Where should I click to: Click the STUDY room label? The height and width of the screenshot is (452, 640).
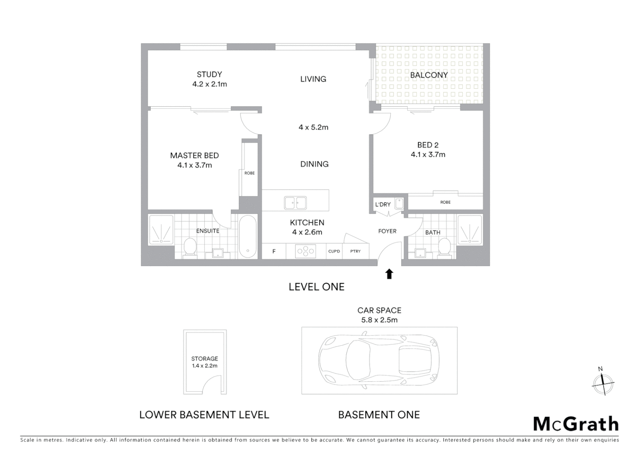click(x=209, y=74)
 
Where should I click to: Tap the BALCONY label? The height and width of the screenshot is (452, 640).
click(x=429, y=75)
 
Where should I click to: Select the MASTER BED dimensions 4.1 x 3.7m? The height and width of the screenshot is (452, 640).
click(x=194, y=165)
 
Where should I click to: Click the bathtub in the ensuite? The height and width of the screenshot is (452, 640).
click(x=248, y=236)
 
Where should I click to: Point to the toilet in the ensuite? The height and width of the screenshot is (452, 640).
click(x=190, y=247)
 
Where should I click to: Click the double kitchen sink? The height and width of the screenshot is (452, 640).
click(x=295, y=203)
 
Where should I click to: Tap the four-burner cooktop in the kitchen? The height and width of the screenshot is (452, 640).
click(x=306, y=251)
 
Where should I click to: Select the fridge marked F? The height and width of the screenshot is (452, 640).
click(x=274, y=252)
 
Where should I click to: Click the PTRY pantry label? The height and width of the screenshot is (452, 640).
click(x=355, y=252)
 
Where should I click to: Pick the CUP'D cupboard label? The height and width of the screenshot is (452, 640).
click(x=334, y=252)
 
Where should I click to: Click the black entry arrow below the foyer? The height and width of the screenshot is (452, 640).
click(x=389, y=274)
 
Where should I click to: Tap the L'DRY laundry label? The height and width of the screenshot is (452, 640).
click(x=383, y=204)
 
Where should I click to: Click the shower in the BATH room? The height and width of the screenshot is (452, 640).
click(x=470, y=229)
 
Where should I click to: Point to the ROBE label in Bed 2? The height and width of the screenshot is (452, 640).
click(x=445, y=202)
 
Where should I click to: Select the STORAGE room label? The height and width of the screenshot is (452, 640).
click(x=204, y=359)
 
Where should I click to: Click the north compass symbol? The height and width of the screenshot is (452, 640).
click(x=603, y=383)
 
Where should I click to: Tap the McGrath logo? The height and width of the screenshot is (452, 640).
click(x=576, y=424)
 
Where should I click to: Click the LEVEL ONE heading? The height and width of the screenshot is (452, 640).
click(x=317, y=287)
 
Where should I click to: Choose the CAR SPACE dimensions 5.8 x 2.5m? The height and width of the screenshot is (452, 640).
click(x=379, y=320)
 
